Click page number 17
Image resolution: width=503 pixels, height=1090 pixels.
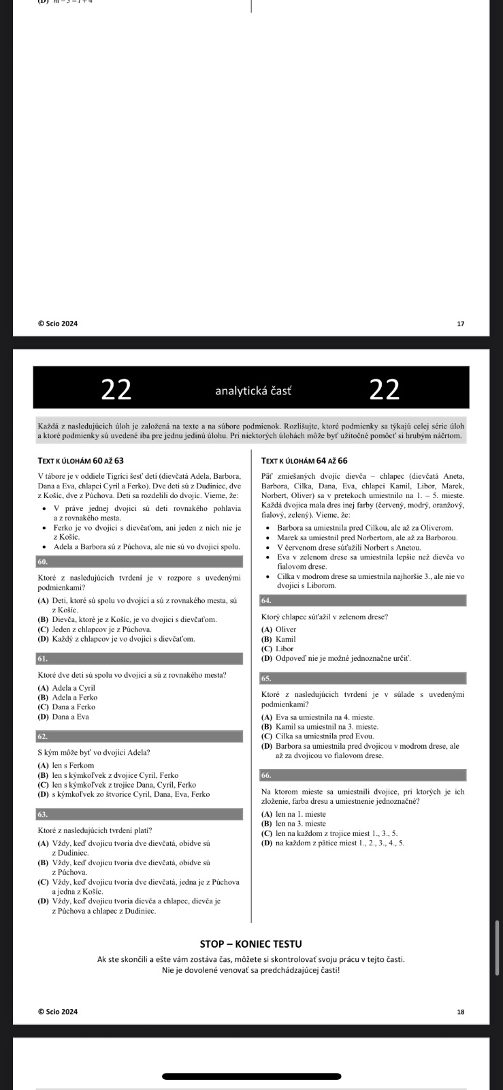[460, 324]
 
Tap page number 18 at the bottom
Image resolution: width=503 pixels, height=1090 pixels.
[460, 1012]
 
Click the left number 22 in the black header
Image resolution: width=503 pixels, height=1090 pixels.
[116, 389]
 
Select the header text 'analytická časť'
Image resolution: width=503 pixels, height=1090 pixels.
[253, 390]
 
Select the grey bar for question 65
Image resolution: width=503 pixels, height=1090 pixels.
[363, 678]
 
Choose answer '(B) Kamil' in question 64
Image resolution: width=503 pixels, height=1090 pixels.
[278, 639]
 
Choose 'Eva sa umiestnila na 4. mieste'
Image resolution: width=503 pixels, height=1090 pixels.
[318, 717]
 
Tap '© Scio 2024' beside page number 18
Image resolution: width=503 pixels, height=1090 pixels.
[58, 1012]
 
